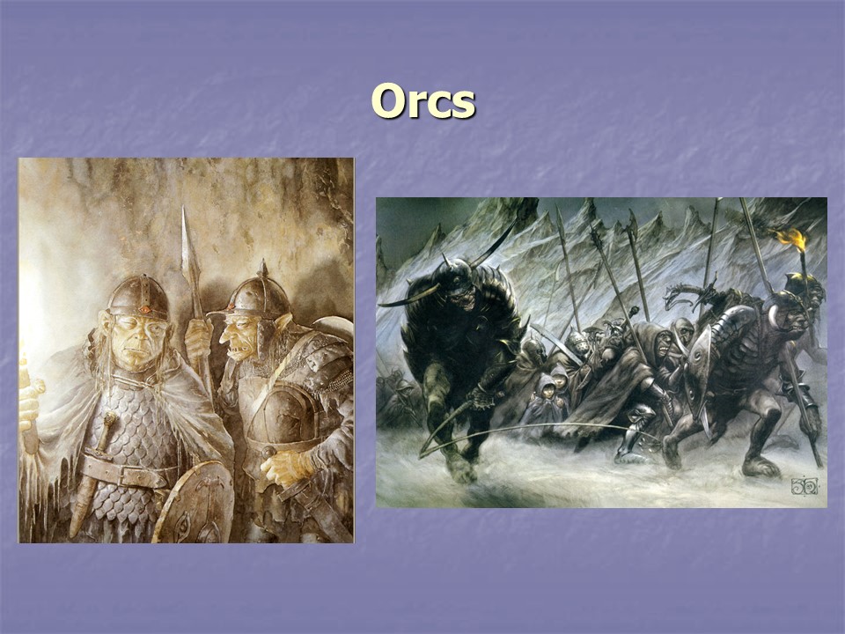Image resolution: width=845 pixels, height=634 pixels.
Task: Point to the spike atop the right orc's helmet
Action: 261,269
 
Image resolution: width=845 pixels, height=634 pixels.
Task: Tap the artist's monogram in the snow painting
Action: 803,486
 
